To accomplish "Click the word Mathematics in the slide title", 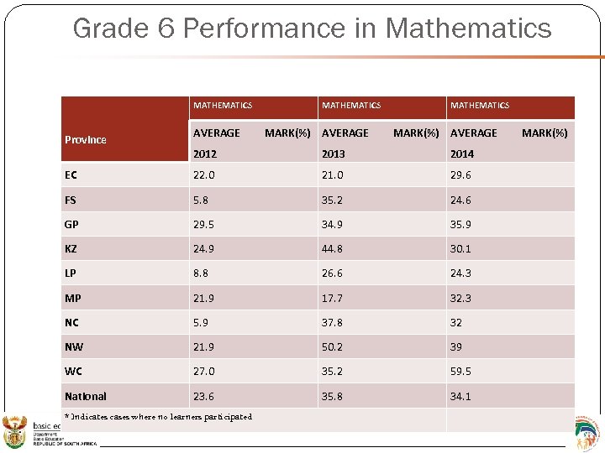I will [468, 29].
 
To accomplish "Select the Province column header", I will [86, 139].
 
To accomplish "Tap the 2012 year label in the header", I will [205, 154].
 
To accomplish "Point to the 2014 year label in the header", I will [462, 154].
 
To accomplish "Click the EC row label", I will [71, 175].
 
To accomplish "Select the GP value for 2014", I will [461, 224].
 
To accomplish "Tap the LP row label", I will [71, 273].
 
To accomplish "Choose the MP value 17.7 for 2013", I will [333, 298].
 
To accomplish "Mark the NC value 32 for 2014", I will [456, 322].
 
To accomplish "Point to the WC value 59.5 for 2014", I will [461, 371].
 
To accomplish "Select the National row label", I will [86, 396].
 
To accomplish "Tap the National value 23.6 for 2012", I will [204, 396].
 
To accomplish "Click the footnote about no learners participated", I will [158, 417].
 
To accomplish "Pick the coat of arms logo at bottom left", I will [14, 433].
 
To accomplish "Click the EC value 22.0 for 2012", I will [204, 175].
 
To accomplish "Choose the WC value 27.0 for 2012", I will [204, 371].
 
